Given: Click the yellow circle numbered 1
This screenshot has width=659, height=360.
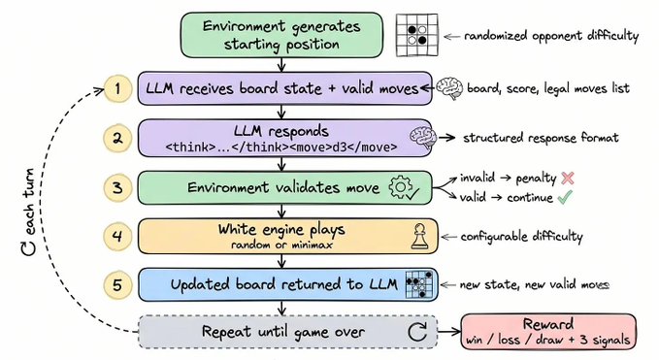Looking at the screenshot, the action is tap(117, 88).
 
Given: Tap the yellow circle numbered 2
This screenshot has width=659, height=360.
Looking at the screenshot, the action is tap(117, 138).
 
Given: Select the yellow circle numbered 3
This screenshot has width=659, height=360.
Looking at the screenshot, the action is tap(117, 187).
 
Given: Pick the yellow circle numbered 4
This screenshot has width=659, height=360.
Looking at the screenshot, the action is tap(117, 236).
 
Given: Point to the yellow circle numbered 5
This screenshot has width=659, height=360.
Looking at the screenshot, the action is tap(117, 285).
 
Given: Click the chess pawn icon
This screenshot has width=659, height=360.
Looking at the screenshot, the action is tap(419, 236).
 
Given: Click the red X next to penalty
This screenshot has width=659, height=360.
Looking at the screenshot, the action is tap(568, 178).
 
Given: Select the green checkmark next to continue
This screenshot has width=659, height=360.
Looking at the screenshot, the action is tap(565, 197).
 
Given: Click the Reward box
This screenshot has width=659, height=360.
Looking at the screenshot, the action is tap(548, 332).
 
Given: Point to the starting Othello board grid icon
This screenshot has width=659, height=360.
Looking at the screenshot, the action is tap(417, 35).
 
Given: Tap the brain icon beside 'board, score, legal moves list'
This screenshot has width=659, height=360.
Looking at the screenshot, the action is tap(449, 88).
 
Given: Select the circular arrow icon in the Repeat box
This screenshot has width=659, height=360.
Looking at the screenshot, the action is tap(417, 332).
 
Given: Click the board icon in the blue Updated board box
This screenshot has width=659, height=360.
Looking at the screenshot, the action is tap(419, 285).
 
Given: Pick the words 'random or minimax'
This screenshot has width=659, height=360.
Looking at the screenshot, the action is tap(281, 245).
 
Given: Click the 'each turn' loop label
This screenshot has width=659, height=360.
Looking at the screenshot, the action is tap(28, 213).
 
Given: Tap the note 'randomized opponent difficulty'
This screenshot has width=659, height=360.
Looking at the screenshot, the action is tap(551, 36).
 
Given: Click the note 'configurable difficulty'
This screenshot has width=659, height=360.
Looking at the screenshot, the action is tap(521, 237).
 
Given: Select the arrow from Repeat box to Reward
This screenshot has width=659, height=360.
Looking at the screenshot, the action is tap(449, 332).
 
